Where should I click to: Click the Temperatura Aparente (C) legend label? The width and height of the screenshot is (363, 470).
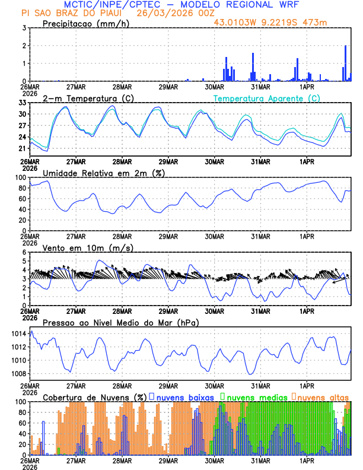click(267, 98)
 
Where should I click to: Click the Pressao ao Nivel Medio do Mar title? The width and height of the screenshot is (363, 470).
click(120, 322)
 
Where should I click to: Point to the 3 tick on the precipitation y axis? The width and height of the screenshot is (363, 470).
click(24, 28)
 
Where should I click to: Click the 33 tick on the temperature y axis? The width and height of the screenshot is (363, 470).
click(22, 103)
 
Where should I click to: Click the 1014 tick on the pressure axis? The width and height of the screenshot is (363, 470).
click(18, 334)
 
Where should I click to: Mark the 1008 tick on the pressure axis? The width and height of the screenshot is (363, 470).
click(18, 373)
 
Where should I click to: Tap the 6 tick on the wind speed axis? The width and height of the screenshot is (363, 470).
click(24, 252)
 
